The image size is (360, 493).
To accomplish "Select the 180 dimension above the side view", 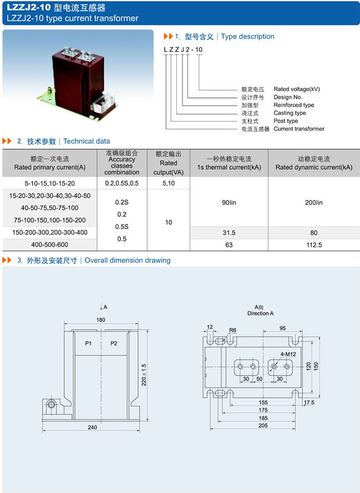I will coord(100,319).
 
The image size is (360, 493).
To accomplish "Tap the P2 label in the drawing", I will coord(114,343).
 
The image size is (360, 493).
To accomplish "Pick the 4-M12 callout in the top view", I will coord(288,354).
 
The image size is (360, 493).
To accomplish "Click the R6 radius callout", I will coord(233,330).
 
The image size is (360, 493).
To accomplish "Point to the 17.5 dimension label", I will coord(309,402).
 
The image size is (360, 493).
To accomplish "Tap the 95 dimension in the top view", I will coord(282,328).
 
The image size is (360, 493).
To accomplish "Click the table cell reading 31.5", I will coord(229,233).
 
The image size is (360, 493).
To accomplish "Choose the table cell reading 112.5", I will coord(314,245).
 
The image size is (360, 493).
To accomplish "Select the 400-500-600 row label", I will coord(50,245).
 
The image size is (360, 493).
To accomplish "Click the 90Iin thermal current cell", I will coord(229,203).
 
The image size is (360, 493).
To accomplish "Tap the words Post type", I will coord(286,121).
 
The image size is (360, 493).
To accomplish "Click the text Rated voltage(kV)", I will coord(296,89).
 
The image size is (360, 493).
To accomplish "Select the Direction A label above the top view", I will coord(260,313).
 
